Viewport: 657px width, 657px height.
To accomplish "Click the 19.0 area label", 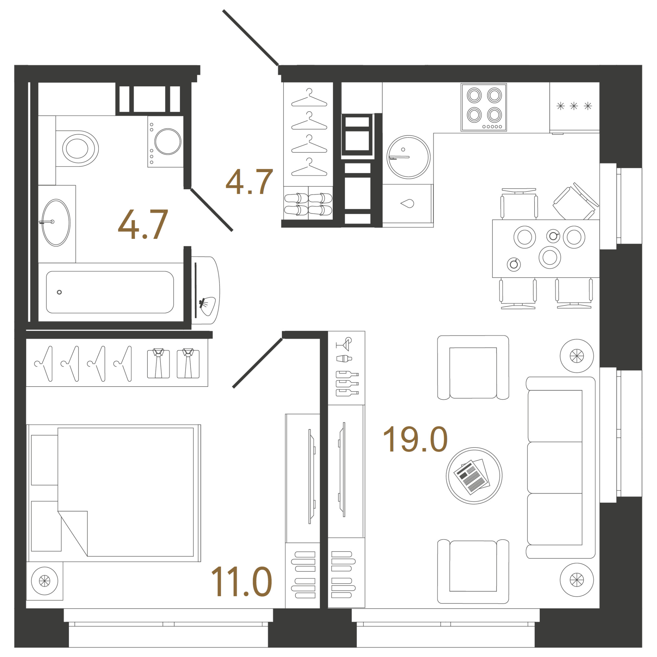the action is (x=415, y=440).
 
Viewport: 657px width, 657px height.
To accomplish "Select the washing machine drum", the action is (x=168, y=141).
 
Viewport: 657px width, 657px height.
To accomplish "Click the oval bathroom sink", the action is (x=56, y=223).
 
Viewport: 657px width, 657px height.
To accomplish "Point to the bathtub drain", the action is (x=59, y=292).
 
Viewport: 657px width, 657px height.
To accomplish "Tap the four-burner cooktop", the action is (x=484, y=107).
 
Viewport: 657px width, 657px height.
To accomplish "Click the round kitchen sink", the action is (x=408, y=157).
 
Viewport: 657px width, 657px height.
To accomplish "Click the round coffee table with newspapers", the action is (x=474, y=475).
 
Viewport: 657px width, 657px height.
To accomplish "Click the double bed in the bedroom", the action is (x=114, y=493).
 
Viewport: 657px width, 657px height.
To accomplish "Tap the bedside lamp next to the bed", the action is (x=45, y=581).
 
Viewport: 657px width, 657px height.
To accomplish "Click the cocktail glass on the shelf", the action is (x=344, y=344).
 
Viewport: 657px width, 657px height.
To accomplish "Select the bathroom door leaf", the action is (x=212, y=210).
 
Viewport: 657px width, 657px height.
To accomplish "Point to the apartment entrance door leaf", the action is (x=251, y=37).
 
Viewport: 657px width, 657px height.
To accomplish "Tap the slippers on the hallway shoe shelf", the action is (x=308, y=204).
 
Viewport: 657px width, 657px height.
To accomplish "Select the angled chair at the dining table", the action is (x=576, y=202).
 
